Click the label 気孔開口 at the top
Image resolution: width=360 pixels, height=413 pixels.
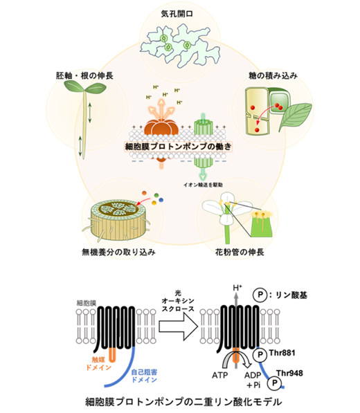(177, 14)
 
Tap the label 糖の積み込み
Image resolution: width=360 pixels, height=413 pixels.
(273, 76)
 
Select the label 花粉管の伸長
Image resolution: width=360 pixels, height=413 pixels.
(240, 253)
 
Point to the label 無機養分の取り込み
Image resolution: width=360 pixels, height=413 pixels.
(118, 253)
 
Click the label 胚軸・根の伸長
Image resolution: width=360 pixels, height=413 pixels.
(84, 76)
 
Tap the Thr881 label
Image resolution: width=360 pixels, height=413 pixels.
(282, 353)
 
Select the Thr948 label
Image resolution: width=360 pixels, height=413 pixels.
(289, 373)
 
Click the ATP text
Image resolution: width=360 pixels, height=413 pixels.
(220, 375)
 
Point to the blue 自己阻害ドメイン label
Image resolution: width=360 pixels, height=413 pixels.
(144, 376)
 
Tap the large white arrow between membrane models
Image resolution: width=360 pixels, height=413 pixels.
(178, 327)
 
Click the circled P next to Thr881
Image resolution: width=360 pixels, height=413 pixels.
(260, 354)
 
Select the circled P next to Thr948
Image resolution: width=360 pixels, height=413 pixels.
(275, 383)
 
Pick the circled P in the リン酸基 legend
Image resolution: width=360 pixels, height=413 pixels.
(260, 295)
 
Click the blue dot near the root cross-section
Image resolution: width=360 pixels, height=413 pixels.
(161, 200)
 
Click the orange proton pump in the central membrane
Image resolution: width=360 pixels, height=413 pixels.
(161, 129)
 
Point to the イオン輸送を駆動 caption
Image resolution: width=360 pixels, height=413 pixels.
(203, 185)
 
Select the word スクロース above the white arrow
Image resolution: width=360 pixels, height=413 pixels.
(178, 309)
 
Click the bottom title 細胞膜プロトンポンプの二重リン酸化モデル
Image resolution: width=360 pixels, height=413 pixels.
(183, 402)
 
